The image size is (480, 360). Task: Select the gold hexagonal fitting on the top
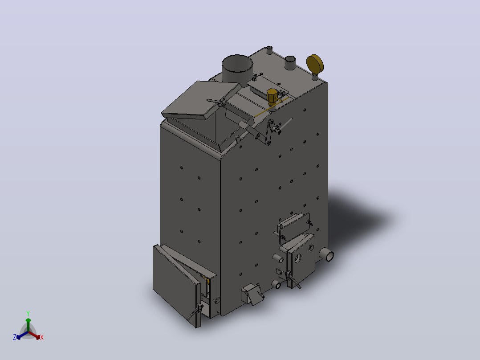272,96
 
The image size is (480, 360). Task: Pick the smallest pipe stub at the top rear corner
269,50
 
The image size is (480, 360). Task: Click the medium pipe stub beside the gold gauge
290,63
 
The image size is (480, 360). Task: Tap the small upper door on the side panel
294,224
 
